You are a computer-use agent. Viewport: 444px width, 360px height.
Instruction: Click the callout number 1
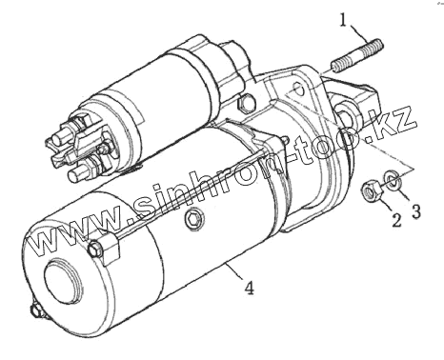point(342,21)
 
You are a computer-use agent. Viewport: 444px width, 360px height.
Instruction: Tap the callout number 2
point(396,220)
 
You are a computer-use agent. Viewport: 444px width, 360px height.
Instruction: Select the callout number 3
point(416,210)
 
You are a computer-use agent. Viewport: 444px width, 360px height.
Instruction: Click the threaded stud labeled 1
point(356,55)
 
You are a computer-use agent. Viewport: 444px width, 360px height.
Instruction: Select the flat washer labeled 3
point(393,180)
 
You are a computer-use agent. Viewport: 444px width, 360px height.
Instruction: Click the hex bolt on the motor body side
point(193,218)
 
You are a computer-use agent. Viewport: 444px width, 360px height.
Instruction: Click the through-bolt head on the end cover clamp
point(95,248)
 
